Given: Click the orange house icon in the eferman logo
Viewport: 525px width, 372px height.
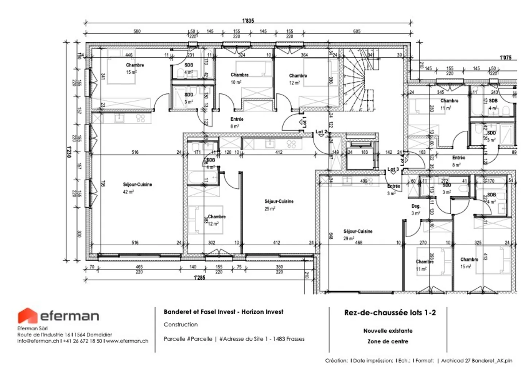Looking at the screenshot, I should coord(28,316).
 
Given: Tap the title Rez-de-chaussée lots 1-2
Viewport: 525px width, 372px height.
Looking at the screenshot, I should coord(390,312).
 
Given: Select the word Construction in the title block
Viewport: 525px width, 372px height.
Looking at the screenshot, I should coord(180,324).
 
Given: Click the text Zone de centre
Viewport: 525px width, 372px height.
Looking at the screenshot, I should coord(388,341).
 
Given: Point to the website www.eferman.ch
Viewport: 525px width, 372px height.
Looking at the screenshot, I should coord(127,341).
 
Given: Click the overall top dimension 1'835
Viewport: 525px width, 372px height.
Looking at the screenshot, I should coord(248,21).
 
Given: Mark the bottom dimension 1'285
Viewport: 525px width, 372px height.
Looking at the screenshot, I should coord(199,277).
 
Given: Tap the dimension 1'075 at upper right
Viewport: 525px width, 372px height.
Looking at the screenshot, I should coord(505,58).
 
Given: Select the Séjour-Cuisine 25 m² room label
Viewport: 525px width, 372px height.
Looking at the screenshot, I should coord(279,205).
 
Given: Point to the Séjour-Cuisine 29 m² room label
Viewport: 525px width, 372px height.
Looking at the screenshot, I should coord(358,234).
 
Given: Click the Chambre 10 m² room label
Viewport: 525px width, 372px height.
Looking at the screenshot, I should coord(239,78).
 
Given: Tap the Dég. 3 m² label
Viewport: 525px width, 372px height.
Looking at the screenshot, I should coord(416,210).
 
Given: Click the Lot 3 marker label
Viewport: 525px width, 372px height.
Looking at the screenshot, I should coord(393,169).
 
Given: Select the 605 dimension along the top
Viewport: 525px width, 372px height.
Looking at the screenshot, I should coord(357,31).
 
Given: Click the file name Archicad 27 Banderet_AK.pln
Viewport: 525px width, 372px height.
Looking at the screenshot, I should coord(477,360).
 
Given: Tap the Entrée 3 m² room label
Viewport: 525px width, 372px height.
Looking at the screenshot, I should coord(393,189).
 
